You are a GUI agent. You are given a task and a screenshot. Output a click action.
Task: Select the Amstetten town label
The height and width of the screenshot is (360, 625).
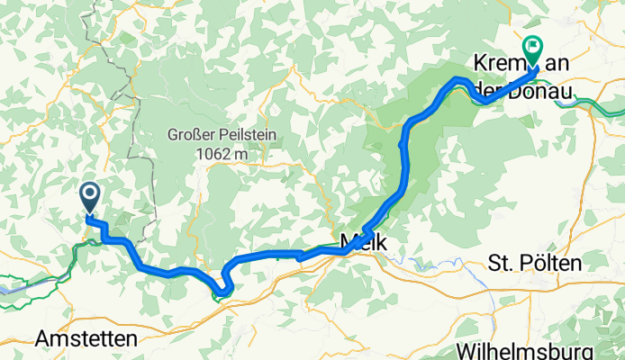tap(86, 339)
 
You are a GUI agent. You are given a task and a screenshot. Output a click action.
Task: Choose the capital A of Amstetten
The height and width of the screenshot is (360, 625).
tap(41, 339)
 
